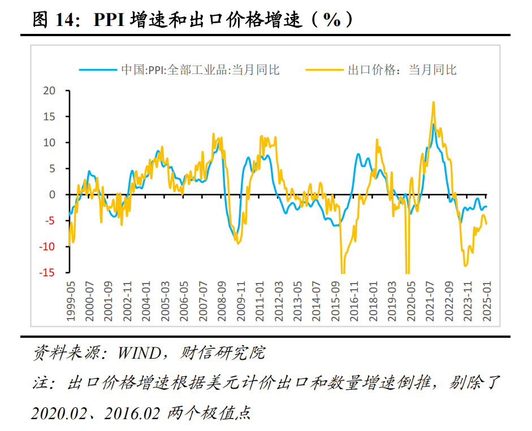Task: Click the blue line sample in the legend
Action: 98,70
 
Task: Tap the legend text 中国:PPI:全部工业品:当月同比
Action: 200,70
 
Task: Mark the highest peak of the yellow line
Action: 434,102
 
